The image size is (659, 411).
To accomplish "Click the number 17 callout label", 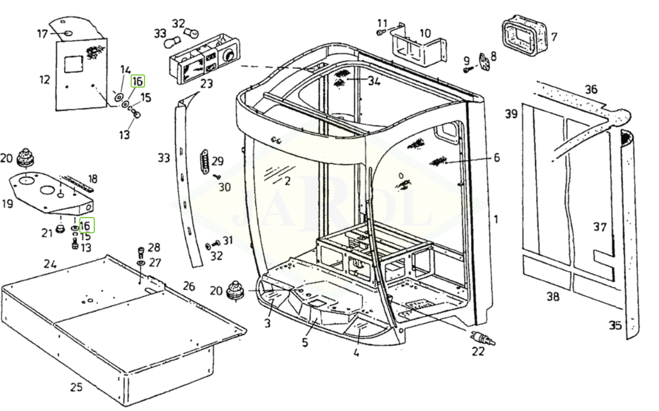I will pos(42,34).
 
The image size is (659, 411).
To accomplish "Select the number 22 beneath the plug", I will pos(478,352).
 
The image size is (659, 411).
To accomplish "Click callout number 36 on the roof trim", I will pos(590,89).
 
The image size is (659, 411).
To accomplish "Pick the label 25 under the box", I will pos(76,387).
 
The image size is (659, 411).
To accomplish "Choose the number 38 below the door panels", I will pos(553,297).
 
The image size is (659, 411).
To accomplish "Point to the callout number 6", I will pos(496,158).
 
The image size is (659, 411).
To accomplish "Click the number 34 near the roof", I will pos(374,82).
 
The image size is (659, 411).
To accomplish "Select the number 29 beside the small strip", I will pos(218,161).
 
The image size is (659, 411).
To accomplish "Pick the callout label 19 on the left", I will pos(7,204).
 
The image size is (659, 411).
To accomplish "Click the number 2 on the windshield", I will pos(287,180).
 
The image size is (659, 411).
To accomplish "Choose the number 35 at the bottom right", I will pos(615,326).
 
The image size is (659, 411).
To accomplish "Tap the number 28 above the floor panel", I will pos(154,248).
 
